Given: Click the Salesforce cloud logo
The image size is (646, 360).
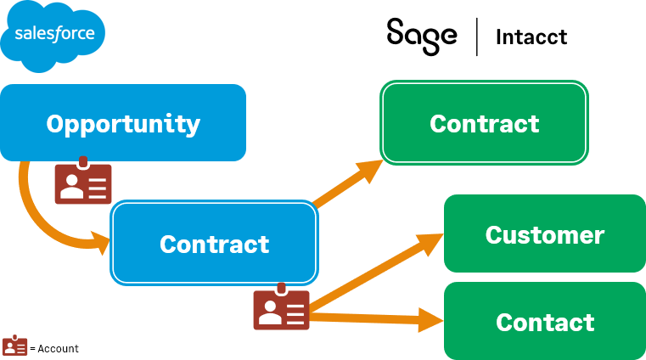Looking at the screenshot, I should (x=53, y=36).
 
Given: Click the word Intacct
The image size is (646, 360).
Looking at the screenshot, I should (x=531, y=37).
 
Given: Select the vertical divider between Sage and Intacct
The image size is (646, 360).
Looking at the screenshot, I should (x=476, y=37).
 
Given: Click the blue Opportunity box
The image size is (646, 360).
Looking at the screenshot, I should (x=123, y=123).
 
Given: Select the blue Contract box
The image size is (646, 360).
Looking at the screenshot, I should (x=215, y=244).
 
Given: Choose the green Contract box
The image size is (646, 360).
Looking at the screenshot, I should (x=484, y=123).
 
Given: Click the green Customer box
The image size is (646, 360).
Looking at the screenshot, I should (x=544, y=234).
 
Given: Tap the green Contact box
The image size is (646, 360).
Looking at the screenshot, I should (x=544, y=323).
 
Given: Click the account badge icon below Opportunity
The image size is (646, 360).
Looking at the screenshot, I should (x=82, y=181).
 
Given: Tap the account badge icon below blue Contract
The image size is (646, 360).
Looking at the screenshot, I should (x=281, y=307).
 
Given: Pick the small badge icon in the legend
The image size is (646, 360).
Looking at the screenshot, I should (x=14, y=346).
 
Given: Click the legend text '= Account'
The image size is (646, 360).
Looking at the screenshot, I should (x=54, y=349).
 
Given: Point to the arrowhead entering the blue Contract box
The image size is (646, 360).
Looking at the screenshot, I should (x=101, y=244).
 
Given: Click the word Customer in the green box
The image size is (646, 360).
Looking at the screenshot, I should (x=544, y=234).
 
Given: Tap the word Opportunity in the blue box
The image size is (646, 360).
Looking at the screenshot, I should (x=123, y=124).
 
